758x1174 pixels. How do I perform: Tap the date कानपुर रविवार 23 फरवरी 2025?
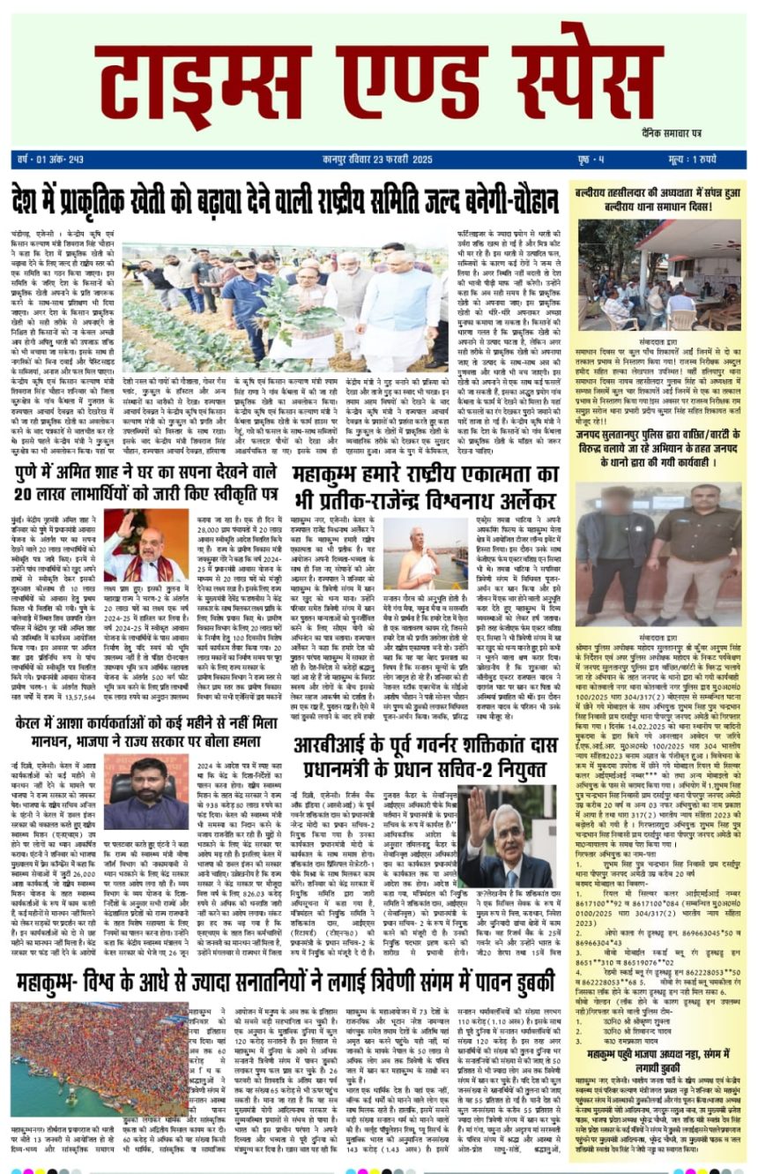tap(377, 160)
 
